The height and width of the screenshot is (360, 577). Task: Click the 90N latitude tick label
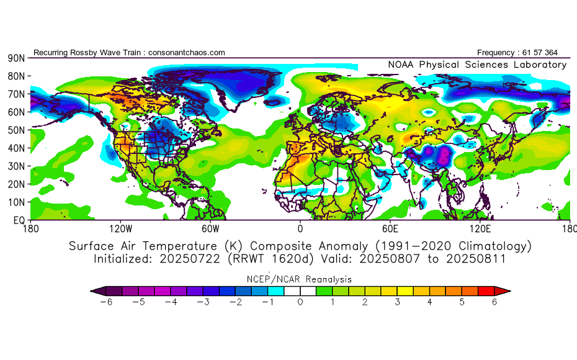[16, 58]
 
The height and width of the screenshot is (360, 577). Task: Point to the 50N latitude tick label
[16, 130]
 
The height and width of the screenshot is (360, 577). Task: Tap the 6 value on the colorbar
[494, 302]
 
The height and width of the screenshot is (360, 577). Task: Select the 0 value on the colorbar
[300, 302]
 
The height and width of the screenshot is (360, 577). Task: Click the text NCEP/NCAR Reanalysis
[300, 279]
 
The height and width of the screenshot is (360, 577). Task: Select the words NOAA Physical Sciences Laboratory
[477, 65]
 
